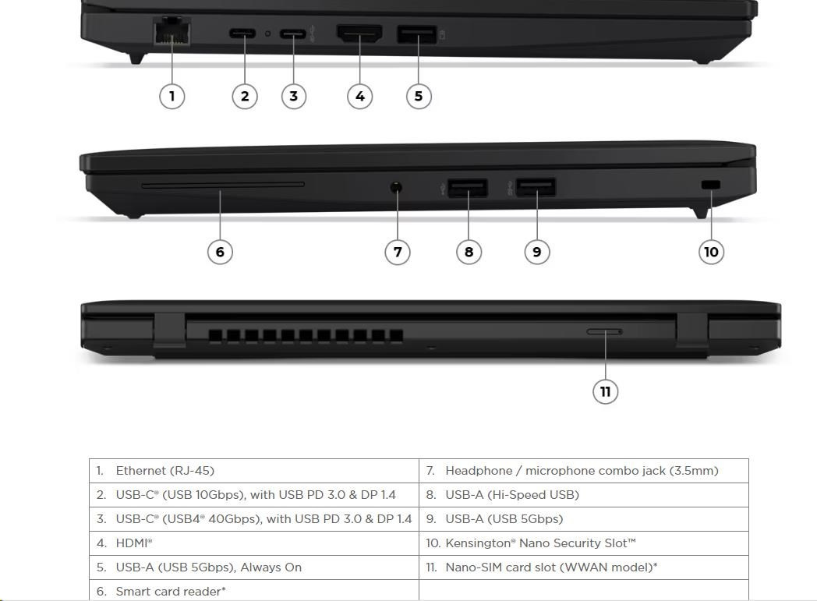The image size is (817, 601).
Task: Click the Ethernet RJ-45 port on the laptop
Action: pyautogui.click(x=172, y=31)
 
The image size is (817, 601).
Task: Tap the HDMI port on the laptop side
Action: pyautogui.click(x=359, y=34)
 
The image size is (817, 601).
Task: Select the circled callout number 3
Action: pyautogui.click(x=294, y=97)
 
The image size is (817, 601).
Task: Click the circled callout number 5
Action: pyautogui.click(x=419, y=97)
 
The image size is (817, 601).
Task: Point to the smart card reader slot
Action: pyautogui.click(x=222, y=185)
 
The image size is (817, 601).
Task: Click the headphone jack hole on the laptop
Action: pyautogui.click(x=397, y=187)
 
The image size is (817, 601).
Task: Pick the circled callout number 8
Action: pyautogui.click(x=469, y=252)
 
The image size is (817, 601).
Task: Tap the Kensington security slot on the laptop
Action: pyautogui.click(x=711, y=185)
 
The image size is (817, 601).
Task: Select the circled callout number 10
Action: pyautogui.click(x=711, y=252)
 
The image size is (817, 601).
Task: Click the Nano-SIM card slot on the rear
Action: pyautogui.click(x=604, y=331)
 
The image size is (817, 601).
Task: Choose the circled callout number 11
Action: pyautogui.click(x=606, y=391)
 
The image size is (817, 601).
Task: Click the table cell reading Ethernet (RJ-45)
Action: pyautogui.click(x=164, y=471)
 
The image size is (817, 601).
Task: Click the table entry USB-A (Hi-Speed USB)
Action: pyautogui.click(x=512, y=495)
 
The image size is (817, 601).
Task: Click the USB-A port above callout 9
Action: pyautogui.click(x=536, y=187)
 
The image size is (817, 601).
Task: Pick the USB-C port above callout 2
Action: pyautogui.click(x=242, y=34)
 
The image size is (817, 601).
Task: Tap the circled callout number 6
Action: pyautogui.click(x=220, y=252)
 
